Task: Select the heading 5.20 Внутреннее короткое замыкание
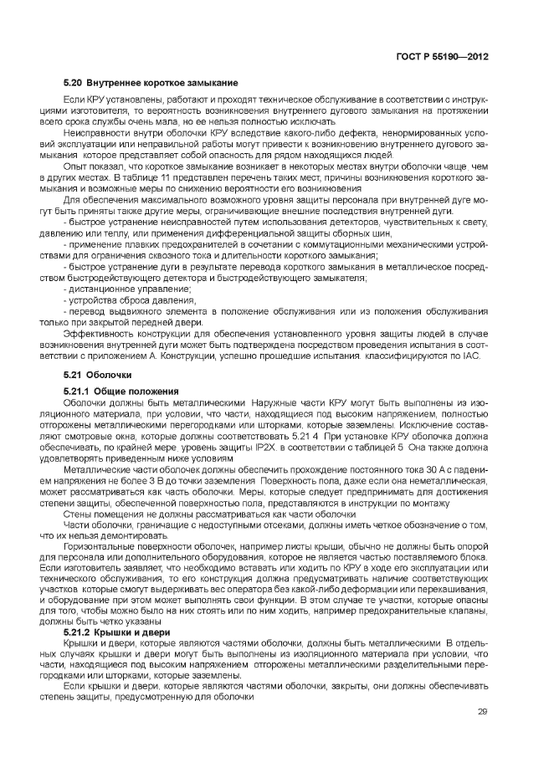151,83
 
